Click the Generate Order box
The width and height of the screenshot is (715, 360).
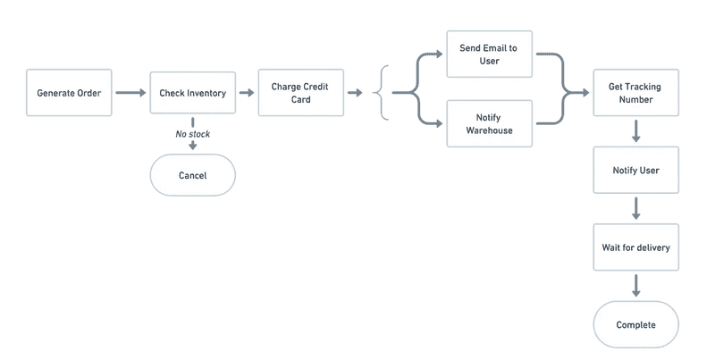pyautogui.click(x=69, y=93)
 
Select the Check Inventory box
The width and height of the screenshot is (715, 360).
pyautogui.click(x=192, y=93)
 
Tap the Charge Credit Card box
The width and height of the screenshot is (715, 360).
pyautogui.click(x=301, y=93)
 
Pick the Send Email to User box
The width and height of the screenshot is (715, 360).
pyautogui.click(x=489, y=54)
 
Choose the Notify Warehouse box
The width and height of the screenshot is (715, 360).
pyautogui.click(x=489, y=123)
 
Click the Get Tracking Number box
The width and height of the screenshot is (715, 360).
pyautogui.click(x=636, y=93)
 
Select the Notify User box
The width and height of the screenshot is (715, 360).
pyautogui.click(x=636, y=170)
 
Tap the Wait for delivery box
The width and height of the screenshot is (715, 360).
pyautogui.click(x=636, y=247)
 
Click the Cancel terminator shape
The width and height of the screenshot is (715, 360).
pyautogui.click(x=192, y=175)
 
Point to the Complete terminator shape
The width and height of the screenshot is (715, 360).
pyautogui.click(x=636, y=325)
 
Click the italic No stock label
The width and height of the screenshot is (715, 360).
pyautogui.click(x=192, y=134)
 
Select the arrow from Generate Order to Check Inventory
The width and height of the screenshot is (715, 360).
pyautogui.click(x=130, y=93)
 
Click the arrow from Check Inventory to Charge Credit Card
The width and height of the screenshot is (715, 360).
pyautogui.click(x=247, y=93)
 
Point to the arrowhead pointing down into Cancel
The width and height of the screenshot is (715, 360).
pyautogui.click(x=192, y=147)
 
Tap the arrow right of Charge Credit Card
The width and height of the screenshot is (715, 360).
pyautogui.click(x=355, y=93)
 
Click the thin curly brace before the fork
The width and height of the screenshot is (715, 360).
pyautogui.click(x=384, y=93)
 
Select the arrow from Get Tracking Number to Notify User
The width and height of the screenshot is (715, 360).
pyautogui.click(x=636, y=131)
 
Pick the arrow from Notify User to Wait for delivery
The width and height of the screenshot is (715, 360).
pyautogui.click(x=636, y=208)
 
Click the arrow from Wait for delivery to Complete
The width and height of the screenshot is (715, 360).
pyautogui.click(x=636, y=286)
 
